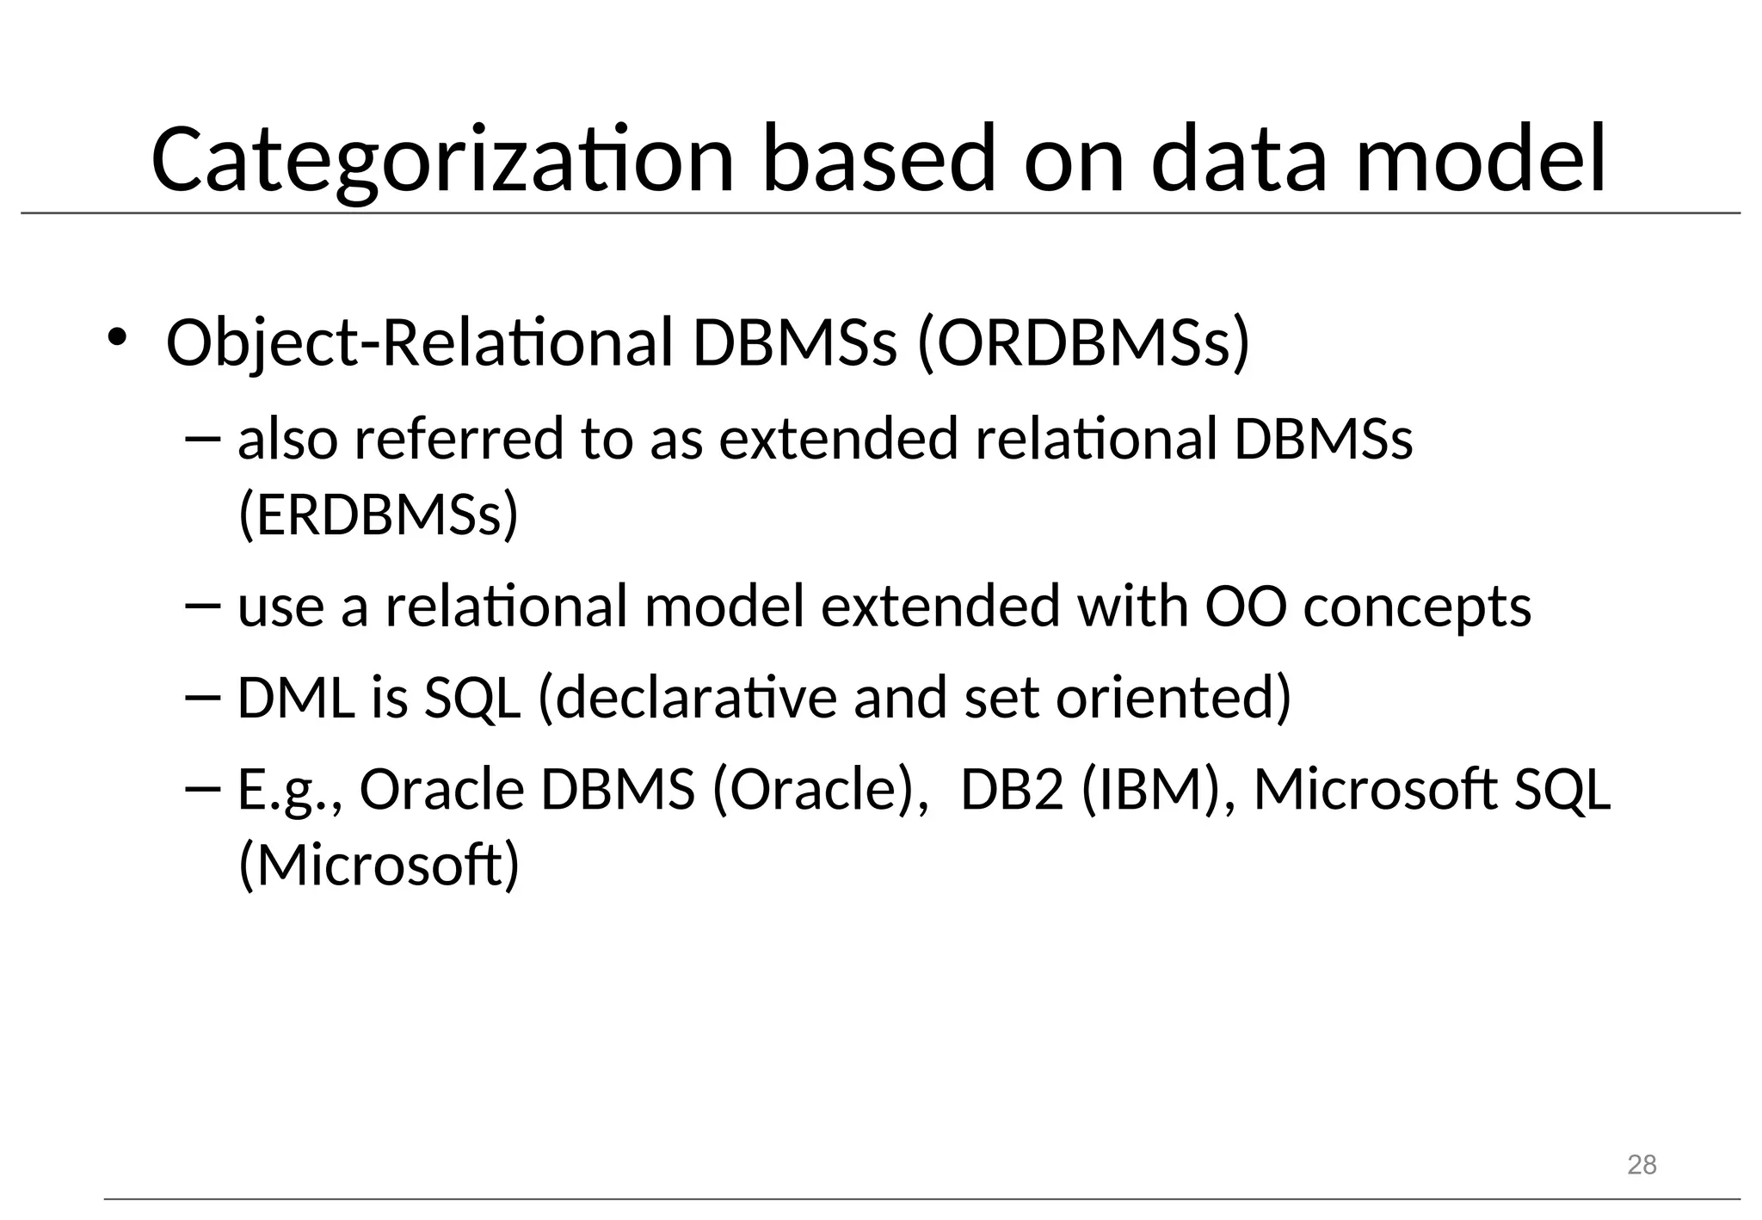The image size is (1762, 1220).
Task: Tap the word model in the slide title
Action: click(1481, 160)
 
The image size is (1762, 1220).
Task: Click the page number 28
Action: click(1642, 1165)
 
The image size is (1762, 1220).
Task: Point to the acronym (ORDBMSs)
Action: click(1083, 343)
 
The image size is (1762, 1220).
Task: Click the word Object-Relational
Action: click(418, 343)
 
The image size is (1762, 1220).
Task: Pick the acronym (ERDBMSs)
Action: click(378, 514)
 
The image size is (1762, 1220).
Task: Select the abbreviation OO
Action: click(1245, 606)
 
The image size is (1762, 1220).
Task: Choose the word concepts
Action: click(1417, 607)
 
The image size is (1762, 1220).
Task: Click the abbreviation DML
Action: click(295, 697)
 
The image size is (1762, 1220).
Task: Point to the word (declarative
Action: click(687, 697)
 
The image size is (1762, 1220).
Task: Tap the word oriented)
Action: click(1174, 697)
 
